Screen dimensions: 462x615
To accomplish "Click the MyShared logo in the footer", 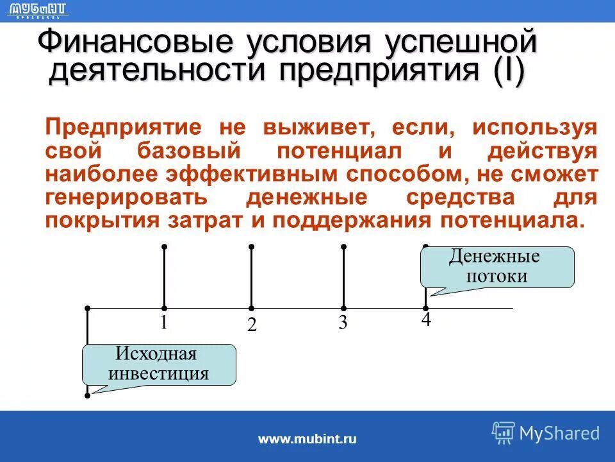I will (x=545, y=433).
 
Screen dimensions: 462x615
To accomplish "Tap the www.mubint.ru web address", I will (x=307, y=440).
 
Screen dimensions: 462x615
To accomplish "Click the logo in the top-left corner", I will (x=39, y=10).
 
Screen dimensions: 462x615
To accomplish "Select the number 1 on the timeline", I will (x=164, y=322).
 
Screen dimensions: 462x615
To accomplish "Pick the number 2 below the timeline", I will (x=252, y=325).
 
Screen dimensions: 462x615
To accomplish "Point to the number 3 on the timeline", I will (x=343, y=323).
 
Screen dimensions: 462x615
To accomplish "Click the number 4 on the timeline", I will (x=426, y=320).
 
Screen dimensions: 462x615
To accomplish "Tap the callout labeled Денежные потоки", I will (x=496, y=267).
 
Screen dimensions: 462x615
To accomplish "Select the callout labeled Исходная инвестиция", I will (x=159, y=364).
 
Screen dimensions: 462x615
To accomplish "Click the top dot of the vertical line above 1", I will (x=165, y=246).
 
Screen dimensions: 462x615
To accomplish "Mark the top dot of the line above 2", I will (x=252, y=246).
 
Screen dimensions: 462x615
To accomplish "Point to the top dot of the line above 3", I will (x=344, y=246).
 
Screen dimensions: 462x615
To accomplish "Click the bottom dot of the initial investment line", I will (x=87, y=396).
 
